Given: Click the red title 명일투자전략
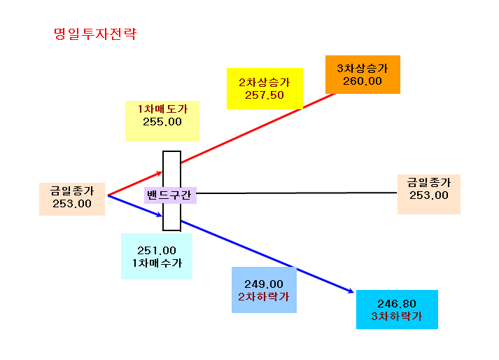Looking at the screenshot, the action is [x=95, y=34].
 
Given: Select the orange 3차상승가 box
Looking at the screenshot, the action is [x=363, y=74].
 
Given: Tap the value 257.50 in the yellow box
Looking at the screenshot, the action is [x=264, y=95].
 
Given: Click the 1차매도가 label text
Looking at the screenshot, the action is [x=162, y=109].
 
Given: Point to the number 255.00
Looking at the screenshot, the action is [x=162, y=122].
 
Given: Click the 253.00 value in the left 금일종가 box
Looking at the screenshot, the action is [x=72, y=204].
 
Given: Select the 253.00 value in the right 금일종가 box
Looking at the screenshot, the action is [x=429, y=195].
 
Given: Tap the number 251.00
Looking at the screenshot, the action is [x=157, y=251].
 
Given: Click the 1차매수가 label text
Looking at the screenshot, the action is [x=157, y=263].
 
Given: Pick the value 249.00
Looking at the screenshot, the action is [x=264, y=284].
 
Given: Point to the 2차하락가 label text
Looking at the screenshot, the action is [x=264, y=297].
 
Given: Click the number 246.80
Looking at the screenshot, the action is [x=397, y=303].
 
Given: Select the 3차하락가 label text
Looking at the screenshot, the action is [x=397, y=317].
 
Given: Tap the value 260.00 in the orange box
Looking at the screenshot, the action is [x=363, y=81].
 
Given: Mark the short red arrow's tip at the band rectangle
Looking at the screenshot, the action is [x=162, y=172].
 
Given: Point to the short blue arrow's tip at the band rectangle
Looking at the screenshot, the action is [x=162, y=216].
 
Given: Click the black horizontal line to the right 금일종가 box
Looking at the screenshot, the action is [x=297, y=193].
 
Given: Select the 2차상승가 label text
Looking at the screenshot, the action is [x=264, y=82].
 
